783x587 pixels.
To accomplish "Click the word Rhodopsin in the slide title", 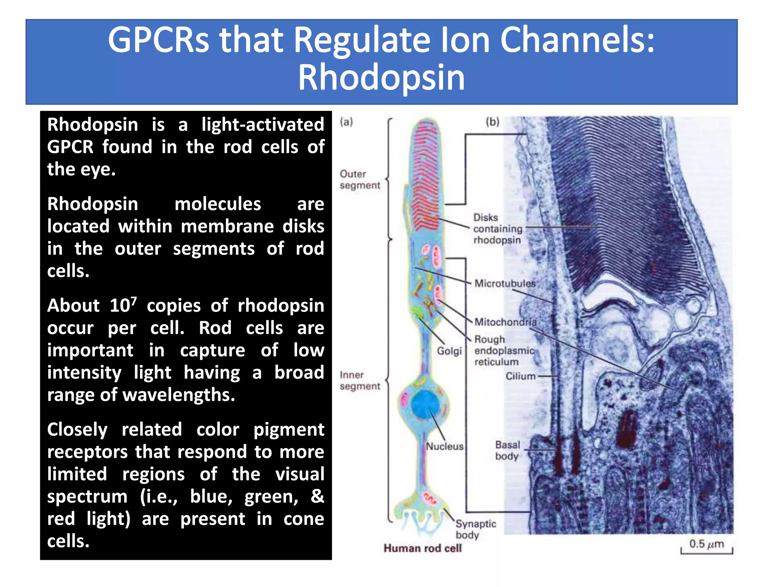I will (x=381, y=78).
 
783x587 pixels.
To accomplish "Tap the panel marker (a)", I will (x=346, y=122).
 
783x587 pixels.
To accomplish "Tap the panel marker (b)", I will (x=492, y=122).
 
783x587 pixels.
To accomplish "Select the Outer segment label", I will (x=360, y=180).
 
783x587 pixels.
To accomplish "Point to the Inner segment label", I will (x=360, y=381).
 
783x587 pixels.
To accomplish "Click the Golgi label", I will (x=449, y=351).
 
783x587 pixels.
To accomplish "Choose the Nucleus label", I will (x=445, y=446).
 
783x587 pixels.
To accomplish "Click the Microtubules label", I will (x=505, y=284).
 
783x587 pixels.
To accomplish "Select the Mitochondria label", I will (x=505, y=322).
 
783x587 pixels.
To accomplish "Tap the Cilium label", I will (x=520, y=376).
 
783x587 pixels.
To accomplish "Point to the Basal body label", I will (x=507, y=451).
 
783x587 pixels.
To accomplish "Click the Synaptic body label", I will (x=475, y=529).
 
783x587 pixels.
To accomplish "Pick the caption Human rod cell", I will (x=422, y=548).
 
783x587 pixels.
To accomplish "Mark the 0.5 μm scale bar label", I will (x=706, y=544).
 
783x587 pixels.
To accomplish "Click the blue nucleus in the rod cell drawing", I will (x=424, y=405).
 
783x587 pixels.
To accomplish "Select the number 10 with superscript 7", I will (x=123, y=305).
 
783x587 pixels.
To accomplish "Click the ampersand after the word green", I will (x=317, y=496).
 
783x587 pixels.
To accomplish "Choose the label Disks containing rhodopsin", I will (x=497, y=229).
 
